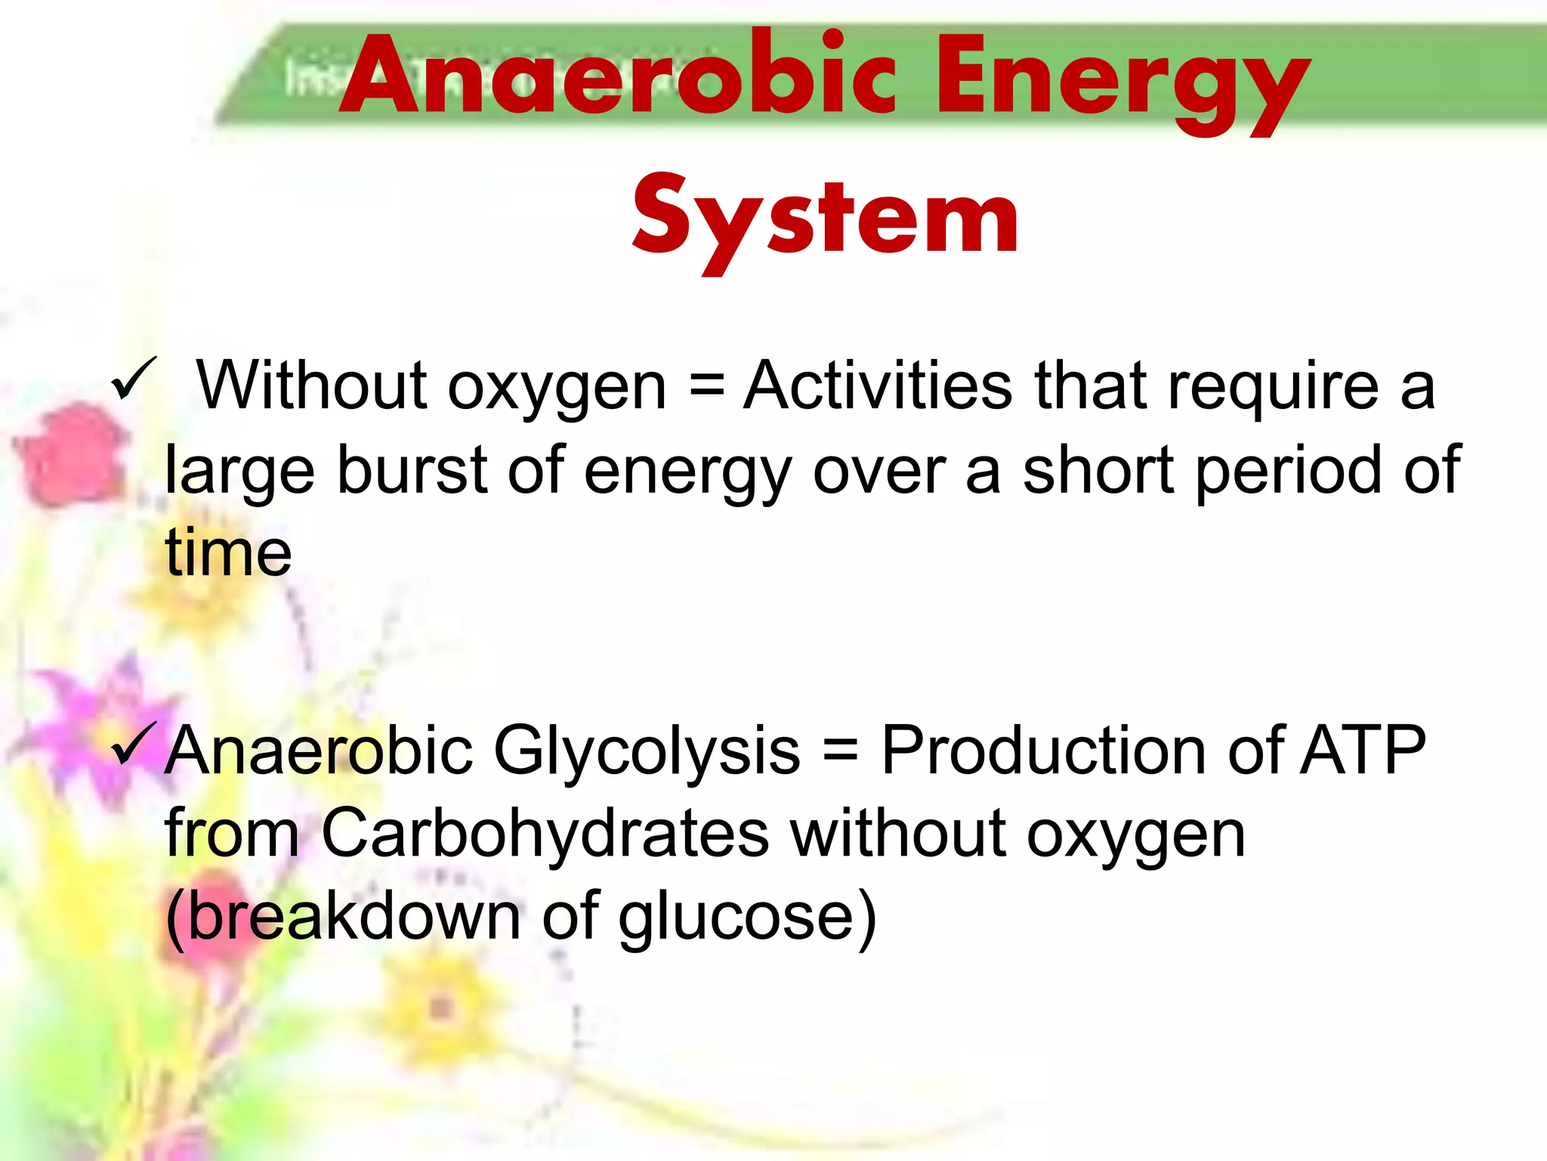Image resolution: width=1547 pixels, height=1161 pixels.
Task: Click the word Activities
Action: tap(877, 385)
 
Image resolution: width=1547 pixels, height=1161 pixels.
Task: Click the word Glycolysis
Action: tap(647, 751)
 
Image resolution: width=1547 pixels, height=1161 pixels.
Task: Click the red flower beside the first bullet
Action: tap(72, 454)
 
